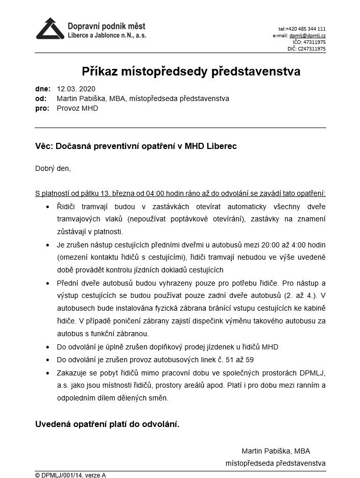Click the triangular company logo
point(50,29)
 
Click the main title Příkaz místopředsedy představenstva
point(191,71)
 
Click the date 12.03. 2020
point(76,88)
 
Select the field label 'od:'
point(41,98)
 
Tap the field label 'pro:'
point(42,109)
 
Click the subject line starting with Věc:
point(136,146)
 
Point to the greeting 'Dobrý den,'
point(53,168)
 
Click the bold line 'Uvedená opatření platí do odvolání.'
point(107,424)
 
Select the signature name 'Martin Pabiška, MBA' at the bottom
point(276,451)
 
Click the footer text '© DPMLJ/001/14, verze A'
point(70,475)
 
